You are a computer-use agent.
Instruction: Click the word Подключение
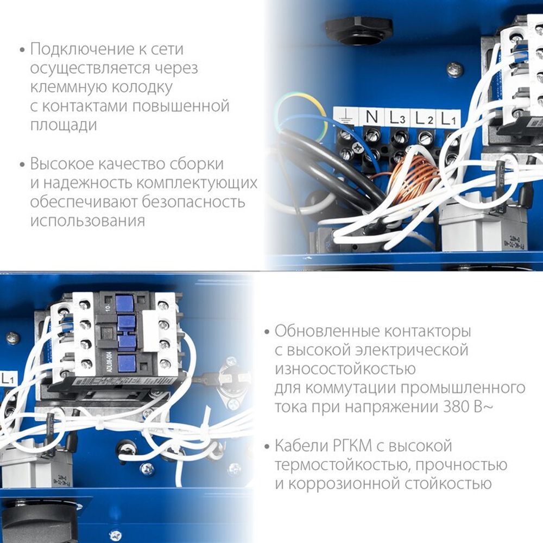(x=77, y=49)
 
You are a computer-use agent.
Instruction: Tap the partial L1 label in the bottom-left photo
(x=8, y=378)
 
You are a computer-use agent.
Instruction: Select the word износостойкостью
(x=345, y=369)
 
